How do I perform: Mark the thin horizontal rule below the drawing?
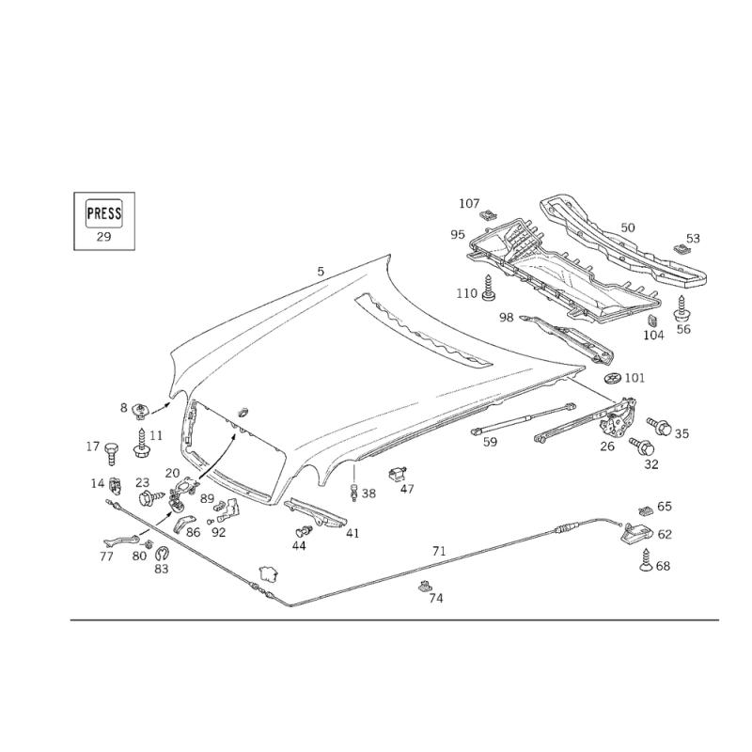pos(395,619)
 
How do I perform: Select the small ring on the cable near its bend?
pos(267,570)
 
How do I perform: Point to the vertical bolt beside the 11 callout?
pos(141,442)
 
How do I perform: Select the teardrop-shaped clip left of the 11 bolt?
pos(111,456)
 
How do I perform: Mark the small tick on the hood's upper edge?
pos(320,277)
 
